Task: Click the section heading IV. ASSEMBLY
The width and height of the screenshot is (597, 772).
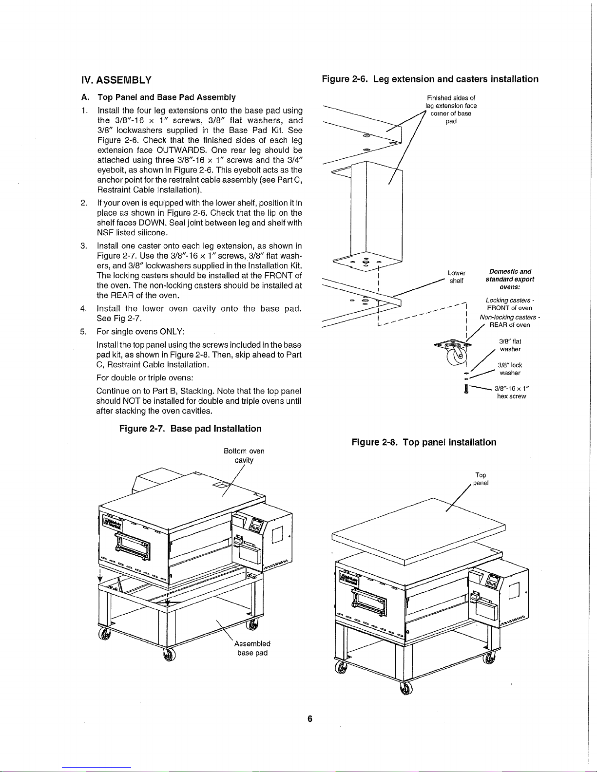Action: click(x=116, y=80)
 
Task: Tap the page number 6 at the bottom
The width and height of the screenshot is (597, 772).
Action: click(x=310, y=719)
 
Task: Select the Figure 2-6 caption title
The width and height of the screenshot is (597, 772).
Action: click(x=430, y=79)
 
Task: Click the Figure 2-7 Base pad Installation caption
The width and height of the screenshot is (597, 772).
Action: click(x=191, y=429)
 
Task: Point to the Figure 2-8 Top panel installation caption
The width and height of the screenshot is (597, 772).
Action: click(x=424, y=442)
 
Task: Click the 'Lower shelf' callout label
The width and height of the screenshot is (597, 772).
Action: click(x=457, y=277)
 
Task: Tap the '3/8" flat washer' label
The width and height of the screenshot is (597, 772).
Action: click(x=510, y=345)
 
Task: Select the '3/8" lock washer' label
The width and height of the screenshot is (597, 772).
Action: click(x=510, y=369)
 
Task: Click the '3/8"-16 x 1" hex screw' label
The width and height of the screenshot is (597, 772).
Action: click(x=512, y=392)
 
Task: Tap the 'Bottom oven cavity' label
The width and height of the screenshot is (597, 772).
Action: click(x=244, y=455)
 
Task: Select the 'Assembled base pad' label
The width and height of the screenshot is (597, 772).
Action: click(x=252, y=648)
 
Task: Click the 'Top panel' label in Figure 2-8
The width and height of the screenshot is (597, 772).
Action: click(x=481, y=479)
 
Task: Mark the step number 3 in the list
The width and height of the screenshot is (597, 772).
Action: click(x=83, y=246)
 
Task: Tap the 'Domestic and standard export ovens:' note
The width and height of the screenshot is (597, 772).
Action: click(x=510, y=279)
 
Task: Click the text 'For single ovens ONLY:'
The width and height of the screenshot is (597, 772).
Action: click(x=140, y=332)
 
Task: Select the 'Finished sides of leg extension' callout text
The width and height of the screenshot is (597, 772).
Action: click(x=451, y=110)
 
